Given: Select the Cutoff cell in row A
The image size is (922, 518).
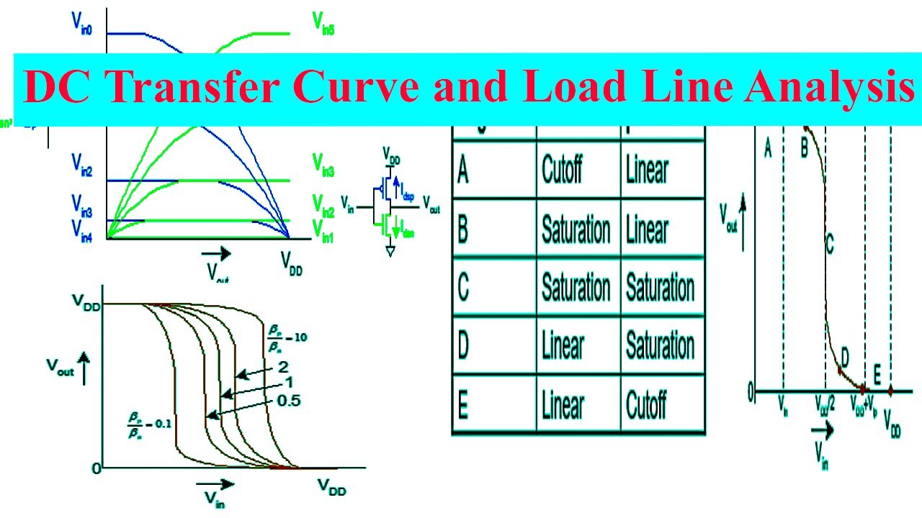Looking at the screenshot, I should pyautogui.click(x=563, y=169).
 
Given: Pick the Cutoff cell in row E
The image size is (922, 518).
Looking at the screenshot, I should pyautogui.click(x=646, y=406).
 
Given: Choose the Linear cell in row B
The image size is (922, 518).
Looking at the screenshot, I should pyautogui.click(x=646, y=229).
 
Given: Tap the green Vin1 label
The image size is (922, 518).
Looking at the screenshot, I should pyautogui.click(x=323, y=231).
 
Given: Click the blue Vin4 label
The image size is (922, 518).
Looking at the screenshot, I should pyautogui.click(x=81, y=230).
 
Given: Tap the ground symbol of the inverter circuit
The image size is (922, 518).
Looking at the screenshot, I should pyautogui.click(x=390, y=251).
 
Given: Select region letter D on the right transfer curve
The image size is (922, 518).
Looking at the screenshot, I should pyautogui.click(x=845, y=355).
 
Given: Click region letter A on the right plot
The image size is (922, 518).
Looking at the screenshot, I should pyautogui.click(x=768, y=149).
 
